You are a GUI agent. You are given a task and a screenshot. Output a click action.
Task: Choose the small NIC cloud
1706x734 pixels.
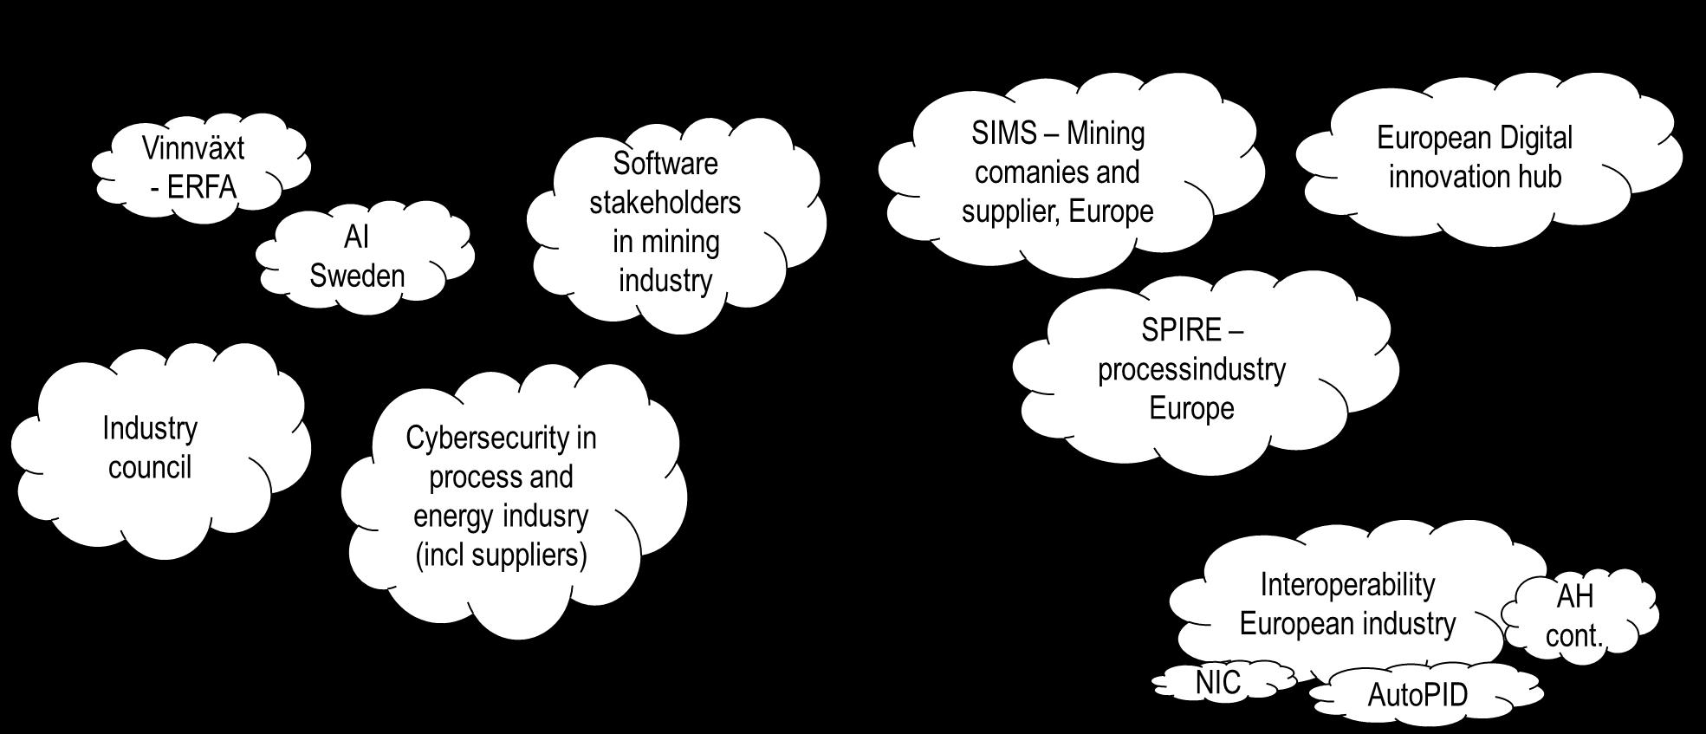pyautogui.click(x=1218, y=683)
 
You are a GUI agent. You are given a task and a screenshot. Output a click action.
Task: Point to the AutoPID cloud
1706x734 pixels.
pyautogui.click(x=1418, y=695)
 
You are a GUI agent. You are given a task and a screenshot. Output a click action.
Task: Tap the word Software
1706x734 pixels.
pyautogui.click(x=665, y=163)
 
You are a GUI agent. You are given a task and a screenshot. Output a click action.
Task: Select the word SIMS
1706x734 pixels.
pyautogui.click(x=1003, y=133)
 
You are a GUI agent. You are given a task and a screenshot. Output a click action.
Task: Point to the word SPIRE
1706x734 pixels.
pyautogui.click(x=1181, y=330)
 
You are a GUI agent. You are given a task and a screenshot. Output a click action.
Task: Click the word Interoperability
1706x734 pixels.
pyautogui.click(x=1347, y=585)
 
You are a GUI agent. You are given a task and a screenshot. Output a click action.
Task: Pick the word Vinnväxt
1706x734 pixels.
pyautogui.click(x=193, y=148)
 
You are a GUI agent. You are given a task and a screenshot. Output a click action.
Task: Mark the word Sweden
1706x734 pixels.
pyautogui.click(x=357, y=276)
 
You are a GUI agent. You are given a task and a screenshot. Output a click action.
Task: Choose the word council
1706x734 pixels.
pyautogui.click(x=150, y=467)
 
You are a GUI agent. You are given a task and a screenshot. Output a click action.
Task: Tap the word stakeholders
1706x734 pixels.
pyautogui.click(x=665, y=202)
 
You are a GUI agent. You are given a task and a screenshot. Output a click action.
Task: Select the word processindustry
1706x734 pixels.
pyautogui.click(x=1191, y=369)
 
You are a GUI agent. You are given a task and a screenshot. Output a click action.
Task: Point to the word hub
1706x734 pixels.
pyautogui.click(x=1535, y=177)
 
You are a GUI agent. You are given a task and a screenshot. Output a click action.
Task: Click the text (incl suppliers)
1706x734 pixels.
pyautogui.click(x=501, y=555)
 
